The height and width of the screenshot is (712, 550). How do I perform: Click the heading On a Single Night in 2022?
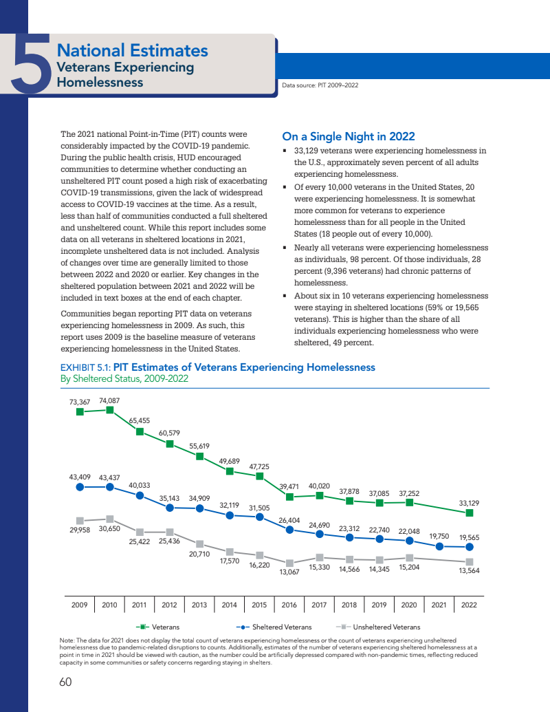[349, 136]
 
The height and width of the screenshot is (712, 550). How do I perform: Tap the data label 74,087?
[109, 400]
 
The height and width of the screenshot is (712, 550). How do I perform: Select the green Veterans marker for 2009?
[80, 411]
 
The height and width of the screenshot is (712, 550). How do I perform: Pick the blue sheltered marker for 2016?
[289, 530]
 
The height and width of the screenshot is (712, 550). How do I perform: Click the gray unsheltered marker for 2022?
[470, 561]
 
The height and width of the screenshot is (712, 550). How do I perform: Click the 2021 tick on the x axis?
[439, 605]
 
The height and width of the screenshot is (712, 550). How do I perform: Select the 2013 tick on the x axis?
[199, 605]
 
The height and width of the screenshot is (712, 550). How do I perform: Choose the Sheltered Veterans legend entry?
[274, 627]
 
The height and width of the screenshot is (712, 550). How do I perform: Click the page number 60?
[65, 682]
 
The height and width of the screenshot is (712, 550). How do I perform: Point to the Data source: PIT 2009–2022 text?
[320, 85]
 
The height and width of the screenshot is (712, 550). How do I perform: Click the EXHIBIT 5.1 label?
[86, 367]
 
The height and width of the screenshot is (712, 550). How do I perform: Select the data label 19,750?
[439, 536]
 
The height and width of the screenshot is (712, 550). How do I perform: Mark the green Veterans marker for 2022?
[470, 513]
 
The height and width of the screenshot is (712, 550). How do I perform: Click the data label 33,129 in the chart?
[469, 503]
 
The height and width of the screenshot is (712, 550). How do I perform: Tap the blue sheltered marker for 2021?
[439, 546]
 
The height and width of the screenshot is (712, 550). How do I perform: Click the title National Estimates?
[132, 50]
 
